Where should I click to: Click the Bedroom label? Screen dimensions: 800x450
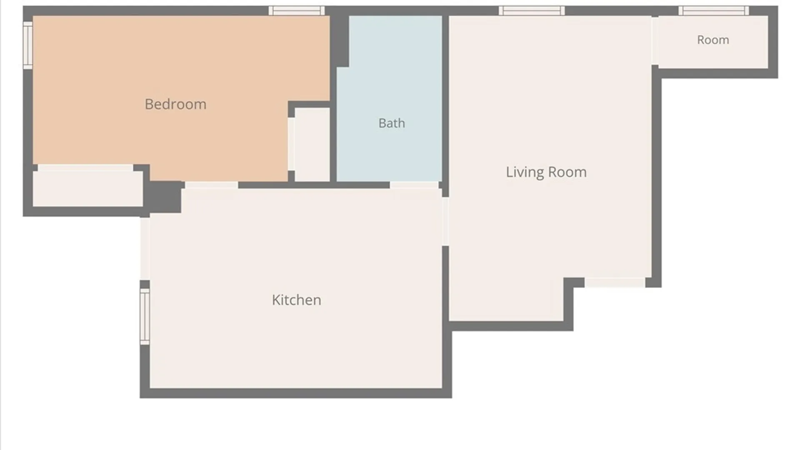click(x=175, y=104)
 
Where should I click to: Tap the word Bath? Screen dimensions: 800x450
click(x=392, y=123)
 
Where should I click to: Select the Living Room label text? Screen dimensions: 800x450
click(x=546, y=172)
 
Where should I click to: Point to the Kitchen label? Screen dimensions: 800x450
click(x=296, y=300)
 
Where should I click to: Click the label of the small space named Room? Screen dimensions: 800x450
click(x=713, y=40)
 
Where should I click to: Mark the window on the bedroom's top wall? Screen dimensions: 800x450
click(x=297, y=11)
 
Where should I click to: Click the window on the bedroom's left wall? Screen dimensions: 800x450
click(x=28, y=45)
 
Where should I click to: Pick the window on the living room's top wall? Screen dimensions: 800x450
click(x=532, y=11)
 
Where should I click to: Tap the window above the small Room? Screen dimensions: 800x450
click(x=713, y=11)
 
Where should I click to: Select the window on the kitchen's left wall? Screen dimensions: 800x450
click(x=145, y=317)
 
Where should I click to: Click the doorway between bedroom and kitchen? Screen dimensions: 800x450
click(x=212, y=185)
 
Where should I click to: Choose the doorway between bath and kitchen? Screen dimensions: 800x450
click(x=414, y=185)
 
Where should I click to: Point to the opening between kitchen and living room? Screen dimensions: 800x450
click(x=445, y=221)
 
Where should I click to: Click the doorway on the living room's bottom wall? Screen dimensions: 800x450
click(x=615, y=282)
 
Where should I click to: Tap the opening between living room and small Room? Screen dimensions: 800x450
click(x=655, y=41)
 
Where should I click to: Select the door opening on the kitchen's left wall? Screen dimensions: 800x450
click(x=145, y=249)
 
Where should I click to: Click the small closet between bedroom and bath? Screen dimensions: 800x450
click(x=312, y=145)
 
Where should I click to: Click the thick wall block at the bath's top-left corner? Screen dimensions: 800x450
click(x=340, y=41)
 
